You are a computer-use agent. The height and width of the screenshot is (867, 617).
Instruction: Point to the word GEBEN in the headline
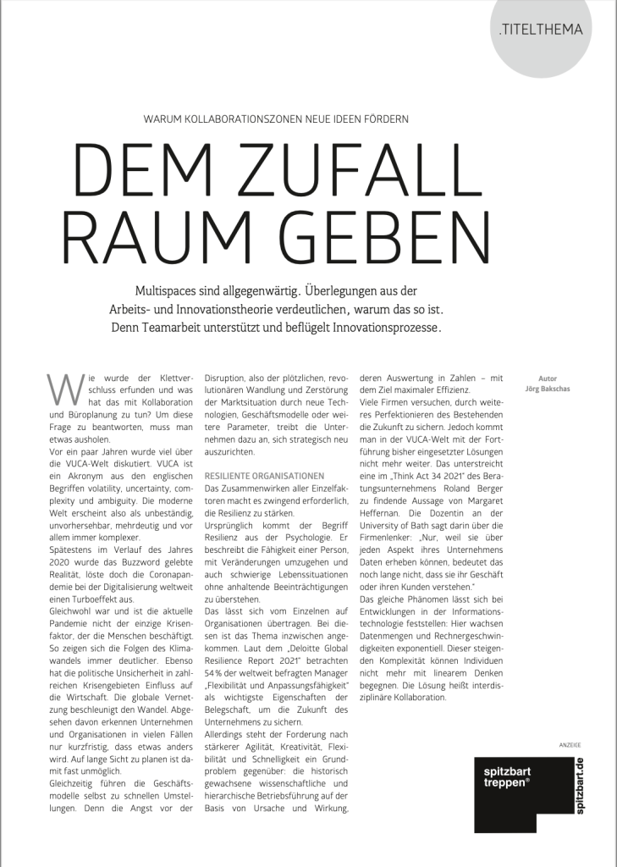[x=387, y=226]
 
